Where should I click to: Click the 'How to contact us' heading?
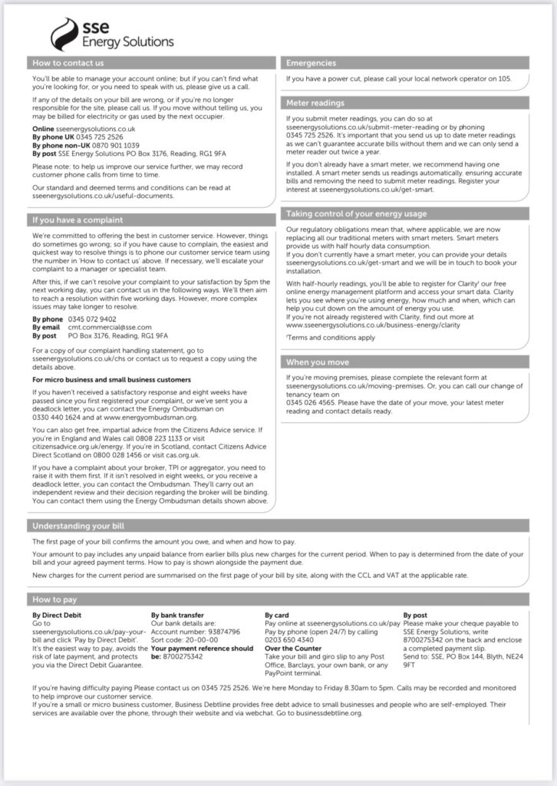pyautogui.click(x=68, y=63)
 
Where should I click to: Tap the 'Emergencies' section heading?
pyautogui.click(x=311, y=63)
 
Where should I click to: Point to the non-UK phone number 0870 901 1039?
pyautogui.click(x=109, y=144)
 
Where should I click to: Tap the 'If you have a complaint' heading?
pyautogui.click(x=77, y=220)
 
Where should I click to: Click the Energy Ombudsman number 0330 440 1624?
pyautogui.click(x=58, y=417)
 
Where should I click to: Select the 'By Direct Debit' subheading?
pyautogui.click(x=57, y=616)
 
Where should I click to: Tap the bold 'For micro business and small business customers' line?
pyautogui.click(x=112, y=379)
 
